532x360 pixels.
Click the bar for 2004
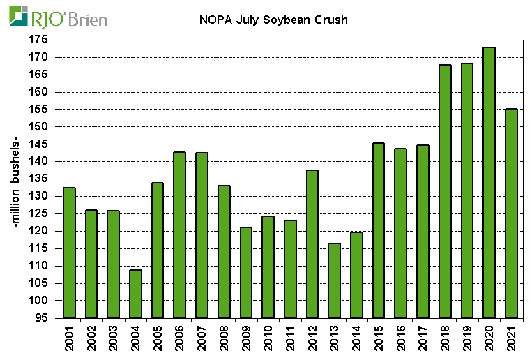pos(135,294)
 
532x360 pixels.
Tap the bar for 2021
pos(511,213)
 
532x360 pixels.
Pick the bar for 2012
pos(312,244)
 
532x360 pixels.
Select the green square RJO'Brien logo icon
pos(19,16)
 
